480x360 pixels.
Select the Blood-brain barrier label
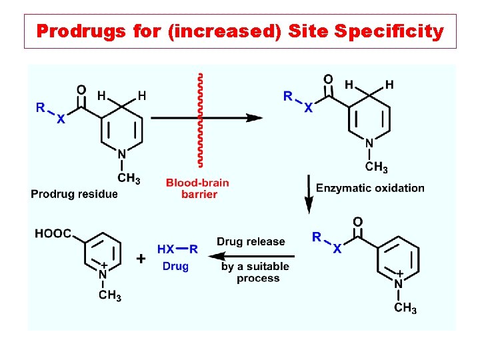[197, 188]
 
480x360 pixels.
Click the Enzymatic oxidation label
[370, 187]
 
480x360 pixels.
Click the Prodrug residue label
[74, 194]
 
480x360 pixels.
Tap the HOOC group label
[54, 233]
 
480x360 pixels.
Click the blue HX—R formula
[177, 249]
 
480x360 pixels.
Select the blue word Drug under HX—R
[176, 266]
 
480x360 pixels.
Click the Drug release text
[251, 241]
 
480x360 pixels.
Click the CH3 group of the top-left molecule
[128, 178]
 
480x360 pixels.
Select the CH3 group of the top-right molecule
[377, 167]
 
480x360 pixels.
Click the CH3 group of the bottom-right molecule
[405, 308]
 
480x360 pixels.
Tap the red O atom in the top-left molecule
[81, 90]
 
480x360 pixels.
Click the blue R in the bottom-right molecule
[317, 236]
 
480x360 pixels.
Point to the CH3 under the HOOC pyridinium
[109, 295]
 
